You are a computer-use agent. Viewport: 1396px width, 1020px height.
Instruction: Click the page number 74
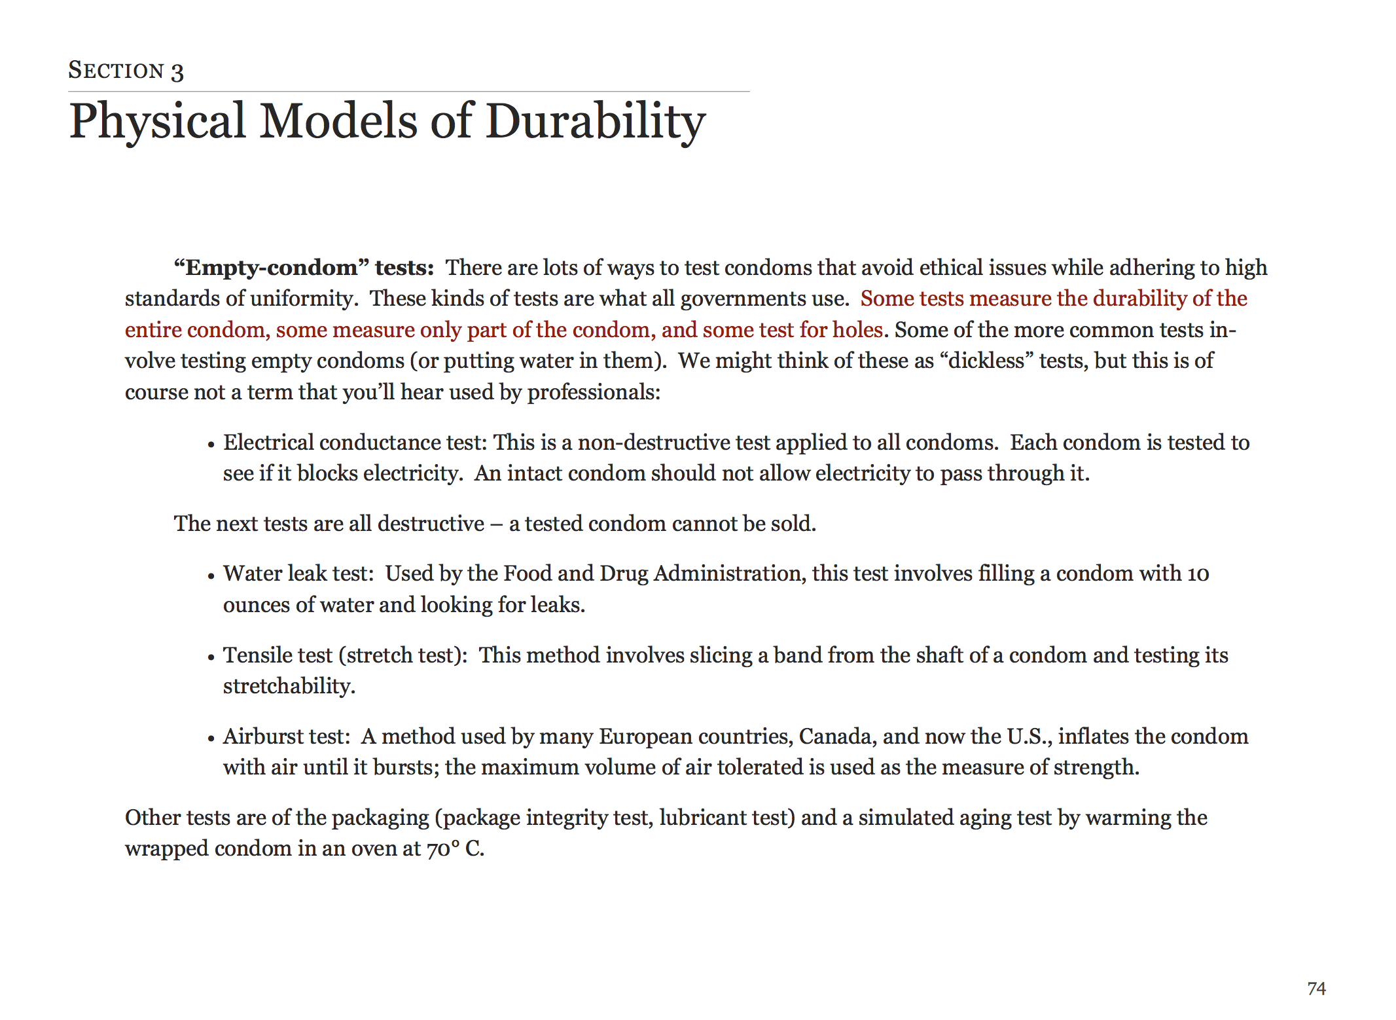pyautogui.click(x=1316, y=988)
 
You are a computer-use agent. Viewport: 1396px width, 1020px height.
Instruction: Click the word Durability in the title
pyautogui.click(x=595, y=122)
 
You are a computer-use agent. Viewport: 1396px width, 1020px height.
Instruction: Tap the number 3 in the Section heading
pyautogui.click(x=177, y=71)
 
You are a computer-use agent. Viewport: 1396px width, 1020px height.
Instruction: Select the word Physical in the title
pyautogui.click(x=158, y=122)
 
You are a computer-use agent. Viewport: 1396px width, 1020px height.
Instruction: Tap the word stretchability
pyautogui.click(x=289, y=686)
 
